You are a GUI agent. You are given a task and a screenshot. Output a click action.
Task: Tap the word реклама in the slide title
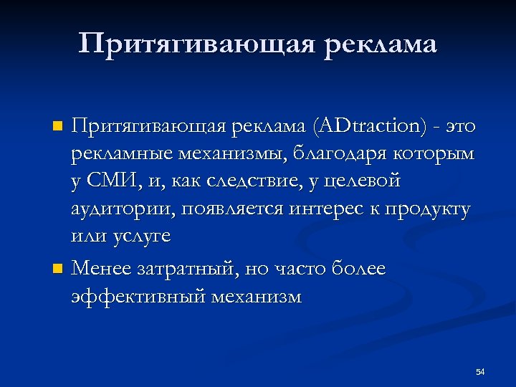pyautogui.click(x=381, y=44)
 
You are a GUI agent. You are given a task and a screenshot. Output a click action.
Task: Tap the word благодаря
pyautogui.click(x=333, y=154)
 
